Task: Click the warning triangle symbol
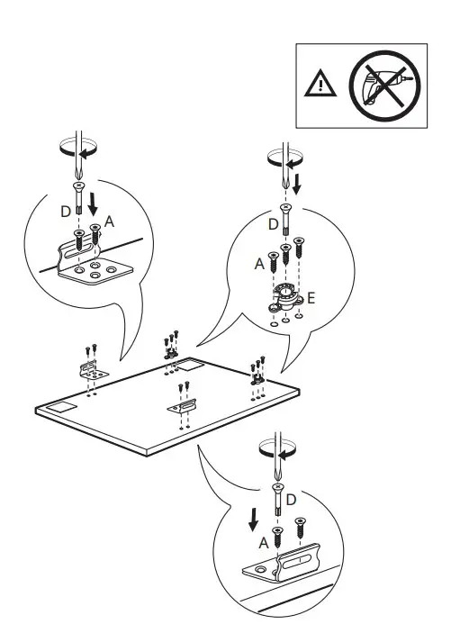click(319, 85)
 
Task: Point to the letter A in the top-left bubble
click(109, 220)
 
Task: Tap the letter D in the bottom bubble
click(291, 498)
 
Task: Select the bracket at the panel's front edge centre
click(182, 407)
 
